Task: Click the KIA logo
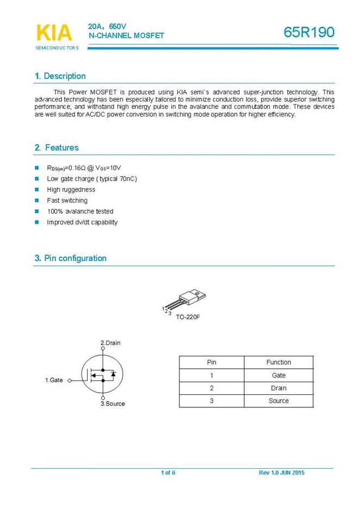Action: [53, 33]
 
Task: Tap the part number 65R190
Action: [309, 33]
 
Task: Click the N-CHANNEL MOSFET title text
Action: [126, 35]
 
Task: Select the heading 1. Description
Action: [60, 76]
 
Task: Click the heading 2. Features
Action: [57, 148]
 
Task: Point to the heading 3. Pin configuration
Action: [71, 258]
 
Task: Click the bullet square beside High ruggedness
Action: [37, 190]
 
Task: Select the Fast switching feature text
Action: [67, 201]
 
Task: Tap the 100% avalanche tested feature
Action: [80, 212]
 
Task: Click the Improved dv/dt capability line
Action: [82, 222]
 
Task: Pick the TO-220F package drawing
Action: [188, 299]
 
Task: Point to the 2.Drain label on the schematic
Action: [110, 343]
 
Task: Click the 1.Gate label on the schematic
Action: [54, 380]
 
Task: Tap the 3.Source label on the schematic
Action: [113, 404]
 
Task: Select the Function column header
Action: [278, 362]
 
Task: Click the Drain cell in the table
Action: [278, 388]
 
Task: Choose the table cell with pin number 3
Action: [212, 401]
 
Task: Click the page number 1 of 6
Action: [168, 473]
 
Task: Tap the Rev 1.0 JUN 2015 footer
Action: [282, 473]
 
